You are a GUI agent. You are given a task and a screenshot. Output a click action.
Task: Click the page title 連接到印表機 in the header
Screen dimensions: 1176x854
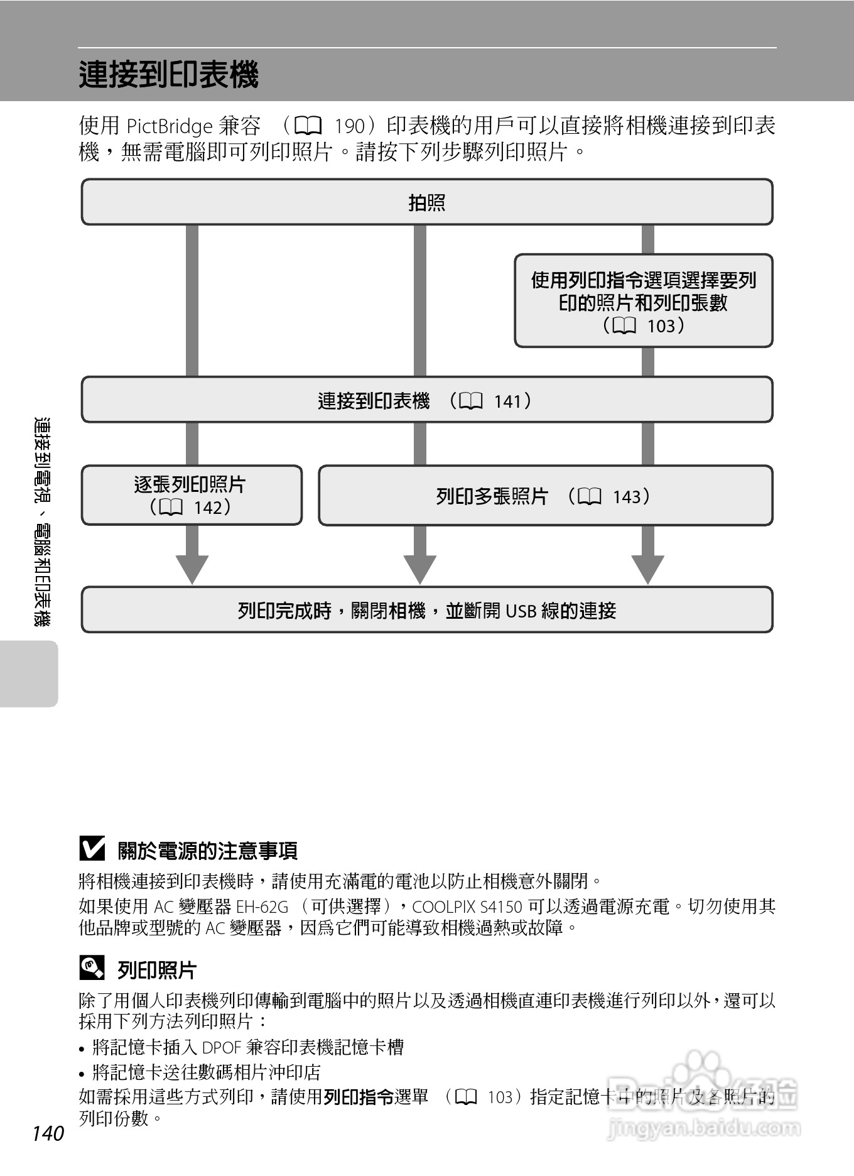point(168,75)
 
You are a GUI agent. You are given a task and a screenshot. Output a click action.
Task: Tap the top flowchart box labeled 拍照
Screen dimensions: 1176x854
point(427,202)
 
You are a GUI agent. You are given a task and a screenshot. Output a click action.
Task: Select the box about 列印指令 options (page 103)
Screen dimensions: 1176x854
point(644,301)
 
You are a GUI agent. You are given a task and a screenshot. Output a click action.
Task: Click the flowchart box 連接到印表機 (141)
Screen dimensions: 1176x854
point(427,400)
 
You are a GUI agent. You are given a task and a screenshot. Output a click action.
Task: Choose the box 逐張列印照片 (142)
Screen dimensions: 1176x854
point(191,495)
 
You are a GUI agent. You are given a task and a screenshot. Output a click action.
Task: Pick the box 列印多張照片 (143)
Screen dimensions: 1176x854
point(545,496)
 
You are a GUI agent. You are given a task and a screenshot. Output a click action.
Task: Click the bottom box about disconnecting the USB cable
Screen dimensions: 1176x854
point(427,610)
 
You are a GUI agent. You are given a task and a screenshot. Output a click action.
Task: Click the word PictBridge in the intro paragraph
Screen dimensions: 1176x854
point(170,126)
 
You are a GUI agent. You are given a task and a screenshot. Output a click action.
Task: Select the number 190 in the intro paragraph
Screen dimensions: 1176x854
point(350,126)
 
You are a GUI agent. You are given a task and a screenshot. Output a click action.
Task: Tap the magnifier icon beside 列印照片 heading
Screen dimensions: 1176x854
point(92,968)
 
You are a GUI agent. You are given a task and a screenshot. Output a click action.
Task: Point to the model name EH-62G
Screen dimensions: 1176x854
point(262,906)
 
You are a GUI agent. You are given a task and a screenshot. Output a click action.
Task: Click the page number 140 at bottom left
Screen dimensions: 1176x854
point(48,1133)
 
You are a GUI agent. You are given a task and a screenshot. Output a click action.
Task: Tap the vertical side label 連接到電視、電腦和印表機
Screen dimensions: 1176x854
point(43,521)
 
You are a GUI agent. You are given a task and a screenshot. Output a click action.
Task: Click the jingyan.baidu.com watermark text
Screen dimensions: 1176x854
point(704,1128)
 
